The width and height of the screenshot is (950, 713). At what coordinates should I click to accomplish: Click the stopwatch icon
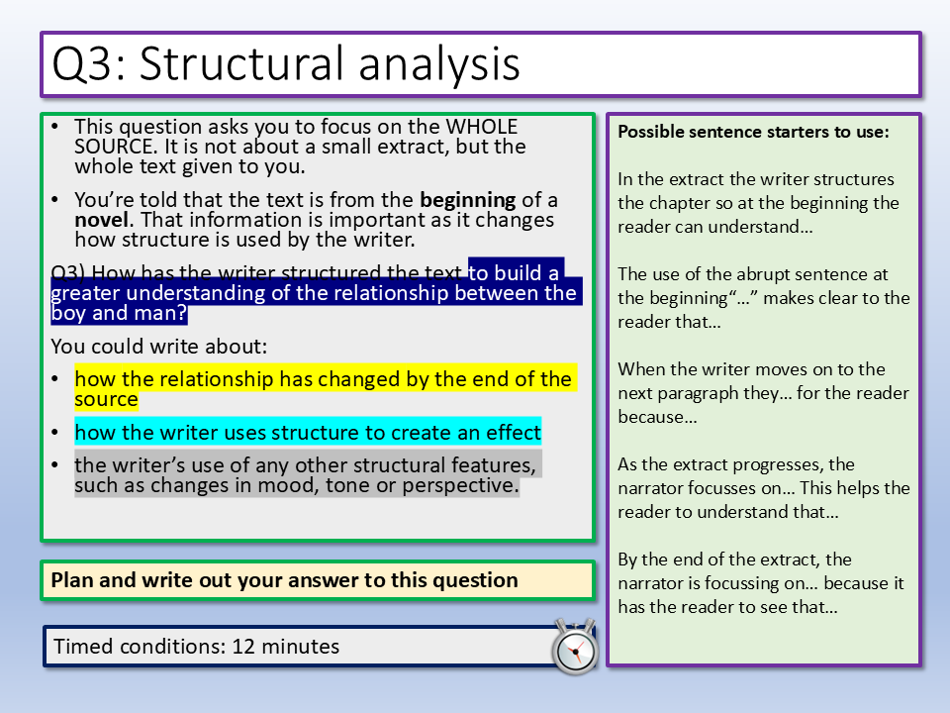pos(574,647)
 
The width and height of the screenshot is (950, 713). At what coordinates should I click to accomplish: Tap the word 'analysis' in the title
pos(439,63)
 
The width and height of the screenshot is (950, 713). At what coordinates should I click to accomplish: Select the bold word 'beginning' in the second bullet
pos(468,199)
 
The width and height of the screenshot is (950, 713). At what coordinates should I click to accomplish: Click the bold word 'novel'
pos(102,220)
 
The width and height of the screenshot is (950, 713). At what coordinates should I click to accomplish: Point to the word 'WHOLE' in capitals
pos(482,126)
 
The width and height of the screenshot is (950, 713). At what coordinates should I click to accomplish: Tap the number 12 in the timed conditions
pos(243,647)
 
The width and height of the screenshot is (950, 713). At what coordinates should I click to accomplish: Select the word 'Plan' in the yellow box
pos(71,580)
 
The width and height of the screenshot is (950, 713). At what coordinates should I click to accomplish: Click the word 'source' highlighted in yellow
pos(106,399)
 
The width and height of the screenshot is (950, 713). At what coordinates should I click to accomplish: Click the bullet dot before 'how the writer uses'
pos(55,433)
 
